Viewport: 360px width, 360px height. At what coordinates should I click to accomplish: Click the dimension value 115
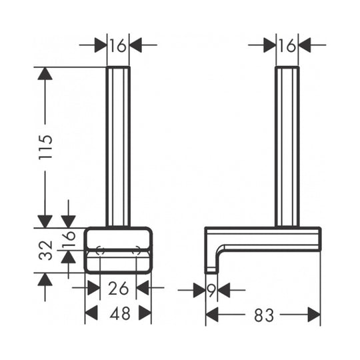coord(45,147)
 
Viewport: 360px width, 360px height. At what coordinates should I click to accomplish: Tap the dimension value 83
coord(264,315)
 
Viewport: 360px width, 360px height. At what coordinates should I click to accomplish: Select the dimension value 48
coord(120,313)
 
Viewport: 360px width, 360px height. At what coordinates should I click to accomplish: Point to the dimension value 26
coord(118,289)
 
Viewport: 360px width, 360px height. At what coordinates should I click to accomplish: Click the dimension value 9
coord(211,291)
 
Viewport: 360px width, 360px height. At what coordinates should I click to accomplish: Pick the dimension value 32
coord(45,251)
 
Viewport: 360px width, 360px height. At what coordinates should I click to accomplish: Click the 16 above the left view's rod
coord(118,45)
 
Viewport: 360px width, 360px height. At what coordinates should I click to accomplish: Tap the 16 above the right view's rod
coord(287,45)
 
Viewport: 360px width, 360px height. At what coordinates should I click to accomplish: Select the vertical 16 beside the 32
coord(69,239)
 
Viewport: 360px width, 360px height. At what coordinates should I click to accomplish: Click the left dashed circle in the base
coord(100,251)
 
